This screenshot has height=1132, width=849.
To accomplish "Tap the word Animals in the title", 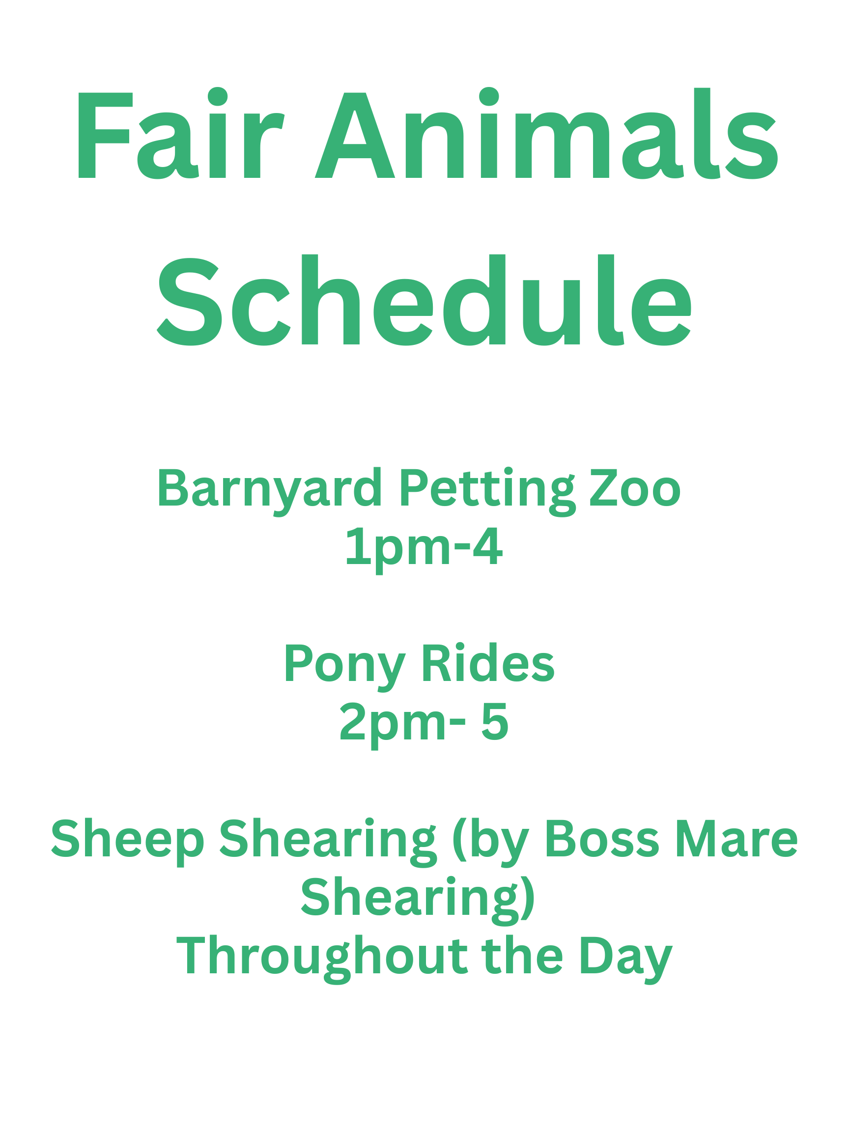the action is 546,133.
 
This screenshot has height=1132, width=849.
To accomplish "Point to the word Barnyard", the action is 270,492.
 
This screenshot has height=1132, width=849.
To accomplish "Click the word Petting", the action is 487,492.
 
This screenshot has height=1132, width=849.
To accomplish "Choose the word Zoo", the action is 635,489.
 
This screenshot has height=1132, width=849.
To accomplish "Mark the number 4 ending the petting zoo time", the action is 488,546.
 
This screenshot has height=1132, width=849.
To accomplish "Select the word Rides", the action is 488,663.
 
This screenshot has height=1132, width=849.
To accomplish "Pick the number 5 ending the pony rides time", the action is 495,722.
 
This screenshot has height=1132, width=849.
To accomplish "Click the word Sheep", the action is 128,842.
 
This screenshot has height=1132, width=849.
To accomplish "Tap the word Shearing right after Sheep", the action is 328,842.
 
